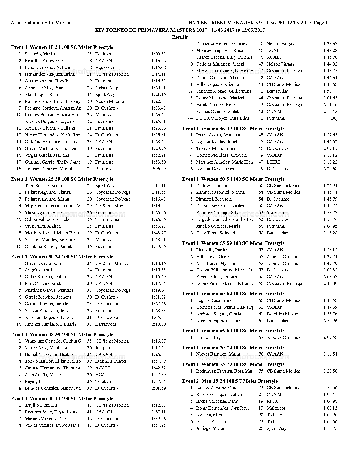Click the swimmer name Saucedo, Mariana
(x=42, y=54)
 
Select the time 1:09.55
(x=158, y=54)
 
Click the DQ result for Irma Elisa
(x=334, y=118)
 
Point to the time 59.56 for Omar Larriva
(x=332, y=388)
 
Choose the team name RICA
(x=272, y=401)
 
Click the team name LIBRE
(x=274, y=162)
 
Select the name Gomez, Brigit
(x=210, y=337)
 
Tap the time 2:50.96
(x=330, y=321)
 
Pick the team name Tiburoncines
(x=108, y=219)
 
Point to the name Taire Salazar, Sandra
(x=44, y=186)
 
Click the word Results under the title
(x=180, y=37)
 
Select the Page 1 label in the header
(x=320, y=23)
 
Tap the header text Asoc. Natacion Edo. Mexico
(x=41, y=23)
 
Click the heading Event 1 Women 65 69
(x=233, y=331)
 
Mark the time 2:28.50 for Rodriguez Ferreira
(x=330, y=371)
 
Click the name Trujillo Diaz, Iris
(x=41, y=405)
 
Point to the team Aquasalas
(x=105, y=67)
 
